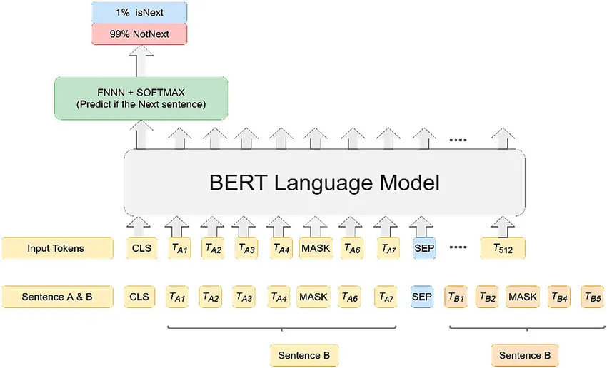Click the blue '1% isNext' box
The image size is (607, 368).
(x=139, y=12)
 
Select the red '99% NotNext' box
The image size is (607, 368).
(x=139, y=34)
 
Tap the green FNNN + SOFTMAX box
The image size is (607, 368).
(x=141, y=98)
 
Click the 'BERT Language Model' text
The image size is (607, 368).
(x=324, y=183)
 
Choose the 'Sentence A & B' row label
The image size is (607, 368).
(x=57, y=297)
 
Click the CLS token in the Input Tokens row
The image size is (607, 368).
(x=141, y=248)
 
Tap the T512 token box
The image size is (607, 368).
(x=503, y=248)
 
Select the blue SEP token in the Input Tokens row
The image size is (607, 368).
(x=424, y=248)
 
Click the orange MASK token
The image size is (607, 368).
(x=523, y=297)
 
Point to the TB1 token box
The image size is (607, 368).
(x=456, y=297)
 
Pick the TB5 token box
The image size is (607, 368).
(x=593, y=297)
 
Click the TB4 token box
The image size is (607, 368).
(x=559, y=297)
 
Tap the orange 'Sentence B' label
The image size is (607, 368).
(x=525, y=355)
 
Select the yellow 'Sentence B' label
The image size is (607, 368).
(x=304, y=355)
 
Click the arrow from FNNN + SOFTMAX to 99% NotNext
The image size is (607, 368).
(x=141, y=61)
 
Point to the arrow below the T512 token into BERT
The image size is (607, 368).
(x=503, y=227)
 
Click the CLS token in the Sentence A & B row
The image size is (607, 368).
(x=139, y=297)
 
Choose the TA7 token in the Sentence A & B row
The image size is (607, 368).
(x=386, y=297)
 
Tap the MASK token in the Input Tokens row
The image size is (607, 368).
(x=316, y=248)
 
